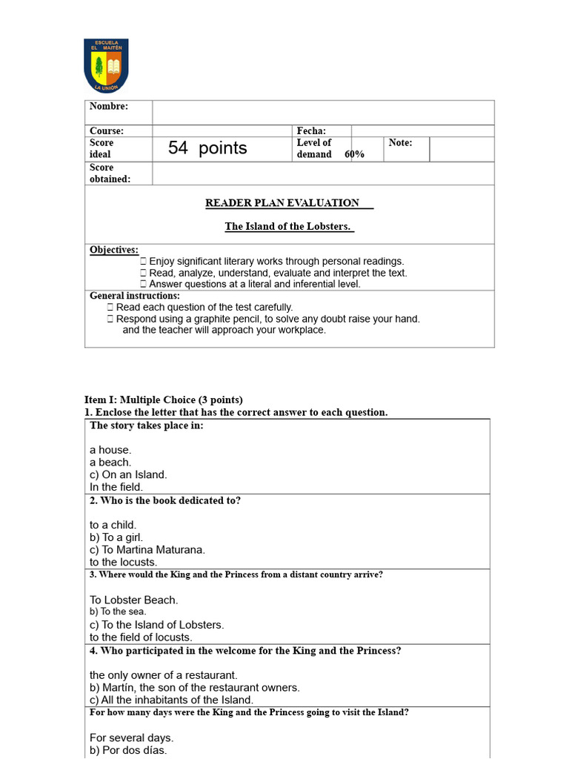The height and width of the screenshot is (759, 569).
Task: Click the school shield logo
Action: [106, 65]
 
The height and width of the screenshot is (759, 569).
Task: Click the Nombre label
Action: [108, 107]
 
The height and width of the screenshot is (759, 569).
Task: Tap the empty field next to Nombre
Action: [323, 113]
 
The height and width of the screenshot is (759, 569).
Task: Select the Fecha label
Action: [311, 131]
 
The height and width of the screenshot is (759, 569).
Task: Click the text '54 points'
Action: [207, 148]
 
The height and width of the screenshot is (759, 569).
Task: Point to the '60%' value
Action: [354, 154]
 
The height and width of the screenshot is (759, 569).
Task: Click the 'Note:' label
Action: [400, 142]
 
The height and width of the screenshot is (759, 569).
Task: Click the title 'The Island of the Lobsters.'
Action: [288, 227]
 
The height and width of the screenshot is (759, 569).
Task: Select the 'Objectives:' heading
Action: [114, 251]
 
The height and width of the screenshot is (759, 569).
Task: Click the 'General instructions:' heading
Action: [134, 296]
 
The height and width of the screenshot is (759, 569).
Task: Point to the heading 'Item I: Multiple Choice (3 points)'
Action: [163, 400]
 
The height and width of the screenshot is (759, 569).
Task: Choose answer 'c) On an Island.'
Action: [128, 474]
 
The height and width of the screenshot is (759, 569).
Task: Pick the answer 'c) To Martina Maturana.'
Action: [147, 550]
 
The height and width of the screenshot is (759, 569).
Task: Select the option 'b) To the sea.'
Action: [118, 612]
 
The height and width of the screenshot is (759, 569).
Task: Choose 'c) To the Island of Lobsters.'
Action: [156, 625]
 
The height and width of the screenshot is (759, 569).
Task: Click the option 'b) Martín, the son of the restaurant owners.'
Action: [194, 688]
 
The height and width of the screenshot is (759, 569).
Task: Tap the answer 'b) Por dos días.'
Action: [128, 750]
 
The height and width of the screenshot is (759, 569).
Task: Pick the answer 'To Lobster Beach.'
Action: [134, 600]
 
